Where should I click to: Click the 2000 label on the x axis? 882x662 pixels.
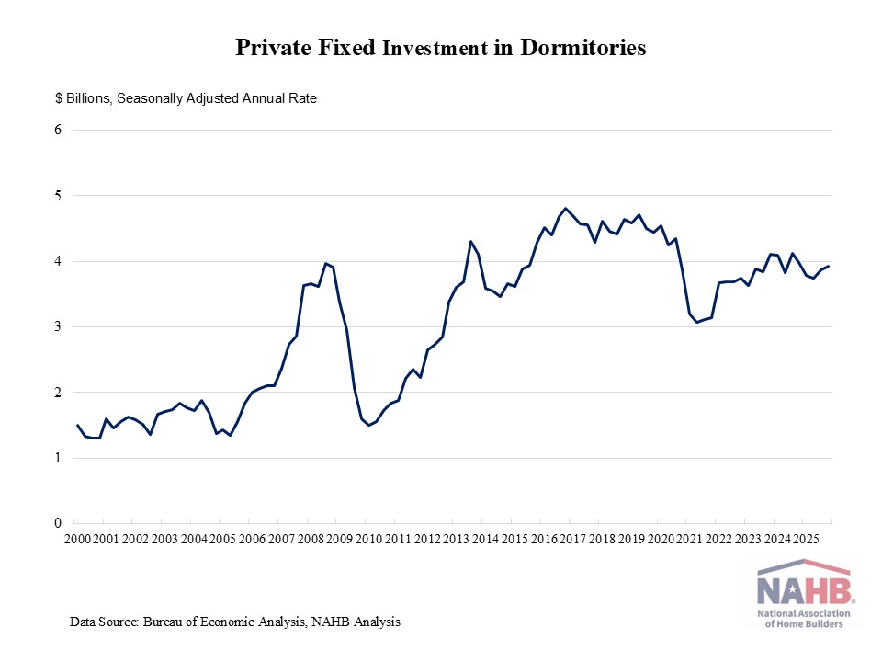(77, 538)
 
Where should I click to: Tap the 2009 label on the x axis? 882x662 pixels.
(339, 538)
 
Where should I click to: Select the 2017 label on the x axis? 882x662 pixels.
(572, 538)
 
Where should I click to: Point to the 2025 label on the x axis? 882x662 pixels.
(805, 538)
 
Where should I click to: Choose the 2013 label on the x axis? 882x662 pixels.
(456, 538)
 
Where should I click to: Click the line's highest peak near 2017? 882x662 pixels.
(566, 208)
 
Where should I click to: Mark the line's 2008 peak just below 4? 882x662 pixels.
(325, 263)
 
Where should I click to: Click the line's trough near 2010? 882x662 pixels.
(368, 425)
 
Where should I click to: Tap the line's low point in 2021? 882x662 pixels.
(696, 322)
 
